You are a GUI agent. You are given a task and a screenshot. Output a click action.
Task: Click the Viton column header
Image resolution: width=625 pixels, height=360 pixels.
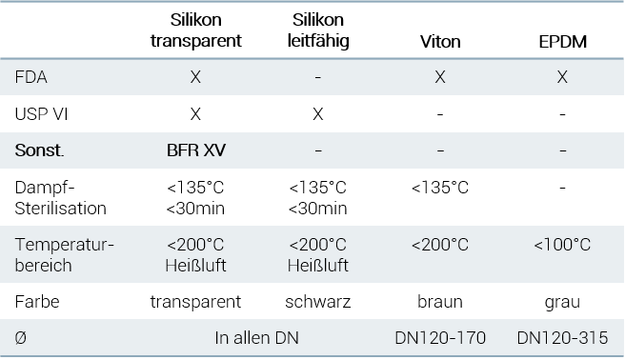coord(440,41)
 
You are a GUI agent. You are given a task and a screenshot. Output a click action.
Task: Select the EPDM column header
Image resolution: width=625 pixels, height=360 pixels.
coord(562,41)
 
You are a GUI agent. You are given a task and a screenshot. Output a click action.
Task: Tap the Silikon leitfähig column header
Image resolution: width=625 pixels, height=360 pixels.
coord(318,30)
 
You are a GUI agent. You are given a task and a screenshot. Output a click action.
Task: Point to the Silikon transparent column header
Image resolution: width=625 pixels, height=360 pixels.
coord(195,30)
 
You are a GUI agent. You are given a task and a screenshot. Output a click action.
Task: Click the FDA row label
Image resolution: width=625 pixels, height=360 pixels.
coord(30,77)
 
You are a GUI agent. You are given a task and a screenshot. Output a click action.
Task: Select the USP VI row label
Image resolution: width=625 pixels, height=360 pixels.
coord(41,114)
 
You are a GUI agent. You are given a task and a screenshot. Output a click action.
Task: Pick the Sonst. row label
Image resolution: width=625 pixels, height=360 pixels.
coord(39,150)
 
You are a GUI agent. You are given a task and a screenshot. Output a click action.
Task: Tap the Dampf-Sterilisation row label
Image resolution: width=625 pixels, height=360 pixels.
coord(61,197)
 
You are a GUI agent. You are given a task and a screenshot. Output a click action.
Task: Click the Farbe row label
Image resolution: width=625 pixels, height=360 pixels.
coord(37,302)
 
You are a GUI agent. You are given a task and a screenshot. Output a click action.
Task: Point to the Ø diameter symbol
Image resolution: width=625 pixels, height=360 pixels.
coord(20,338)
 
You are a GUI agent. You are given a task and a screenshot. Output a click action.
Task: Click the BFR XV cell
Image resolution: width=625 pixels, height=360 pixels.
coord(195,150)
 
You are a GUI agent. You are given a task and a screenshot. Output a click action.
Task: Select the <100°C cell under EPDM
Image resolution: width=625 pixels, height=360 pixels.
coord(562,244)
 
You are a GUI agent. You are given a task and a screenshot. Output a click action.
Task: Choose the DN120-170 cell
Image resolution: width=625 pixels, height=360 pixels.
coord(440,338)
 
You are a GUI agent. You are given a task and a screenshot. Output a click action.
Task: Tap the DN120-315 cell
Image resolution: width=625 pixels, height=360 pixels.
coord(562,338)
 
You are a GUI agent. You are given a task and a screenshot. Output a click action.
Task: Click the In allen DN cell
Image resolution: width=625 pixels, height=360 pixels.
coord(256,338)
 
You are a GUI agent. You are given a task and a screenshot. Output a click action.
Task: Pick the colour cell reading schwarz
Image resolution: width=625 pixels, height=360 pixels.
coord(317,302)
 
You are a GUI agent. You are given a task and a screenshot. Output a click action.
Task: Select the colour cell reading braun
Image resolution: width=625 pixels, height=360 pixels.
coord(440,302)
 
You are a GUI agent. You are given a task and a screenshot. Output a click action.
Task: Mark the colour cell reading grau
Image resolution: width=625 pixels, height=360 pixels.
coord(562,302)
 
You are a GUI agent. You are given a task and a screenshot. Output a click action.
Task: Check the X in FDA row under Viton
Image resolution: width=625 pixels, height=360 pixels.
coord(440,77)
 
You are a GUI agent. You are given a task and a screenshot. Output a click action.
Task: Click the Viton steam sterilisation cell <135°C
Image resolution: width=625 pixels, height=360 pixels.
coord(440,188)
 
